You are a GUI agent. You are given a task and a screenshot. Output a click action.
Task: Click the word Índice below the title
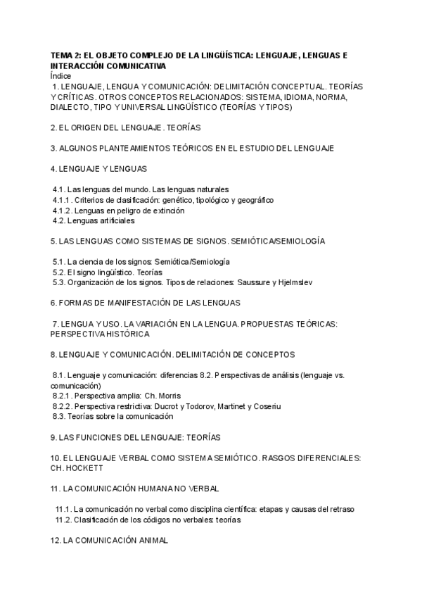(x=61, y=75)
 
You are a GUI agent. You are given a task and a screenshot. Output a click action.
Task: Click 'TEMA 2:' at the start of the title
(x=67, y=55)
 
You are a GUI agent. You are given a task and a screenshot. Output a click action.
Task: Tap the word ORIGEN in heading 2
(x=89, y=128)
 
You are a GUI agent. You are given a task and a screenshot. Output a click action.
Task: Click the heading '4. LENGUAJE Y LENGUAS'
(x=98, y=169)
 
